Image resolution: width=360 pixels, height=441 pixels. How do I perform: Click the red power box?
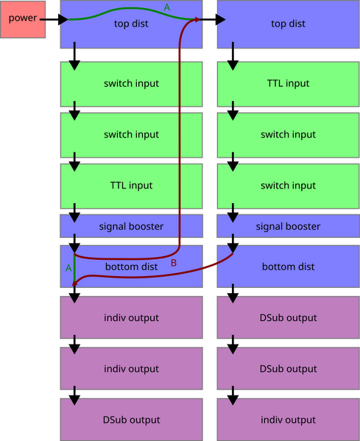[22, 18]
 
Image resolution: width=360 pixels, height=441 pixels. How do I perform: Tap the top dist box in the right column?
[288, 24]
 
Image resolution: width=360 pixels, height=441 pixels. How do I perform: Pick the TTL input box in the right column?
[288, 84]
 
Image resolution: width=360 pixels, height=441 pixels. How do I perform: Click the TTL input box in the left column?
[131, 186]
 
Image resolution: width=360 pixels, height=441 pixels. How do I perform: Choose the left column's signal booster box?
[131, 226]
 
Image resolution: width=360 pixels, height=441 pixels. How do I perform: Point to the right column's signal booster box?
[288, 226]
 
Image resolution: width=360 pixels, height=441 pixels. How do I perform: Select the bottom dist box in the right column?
[288, 267]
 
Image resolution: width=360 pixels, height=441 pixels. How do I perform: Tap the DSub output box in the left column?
[131, 420]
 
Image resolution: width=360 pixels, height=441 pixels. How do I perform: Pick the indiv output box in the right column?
[288, 420]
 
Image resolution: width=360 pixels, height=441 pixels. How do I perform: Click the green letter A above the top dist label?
[166, 7]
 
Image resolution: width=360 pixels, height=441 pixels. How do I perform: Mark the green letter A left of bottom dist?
[68, 268]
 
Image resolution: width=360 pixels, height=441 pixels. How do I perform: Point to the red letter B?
[174, 263]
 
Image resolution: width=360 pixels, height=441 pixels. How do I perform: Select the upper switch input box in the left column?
[131, 84]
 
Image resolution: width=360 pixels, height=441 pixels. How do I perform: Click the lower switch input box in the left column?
[131, 135]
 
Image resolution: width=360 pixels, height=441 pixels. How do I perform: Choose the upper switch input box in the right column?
[288, 135]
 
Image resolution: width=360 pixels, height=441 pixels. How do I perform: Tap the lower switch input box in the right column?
[288, 186]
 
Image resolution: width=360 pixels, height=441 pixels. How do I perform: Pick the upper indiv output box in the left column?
[131, 318]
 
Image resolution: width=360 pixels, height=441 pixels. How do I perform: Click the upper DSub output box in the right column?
[288, 318]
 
